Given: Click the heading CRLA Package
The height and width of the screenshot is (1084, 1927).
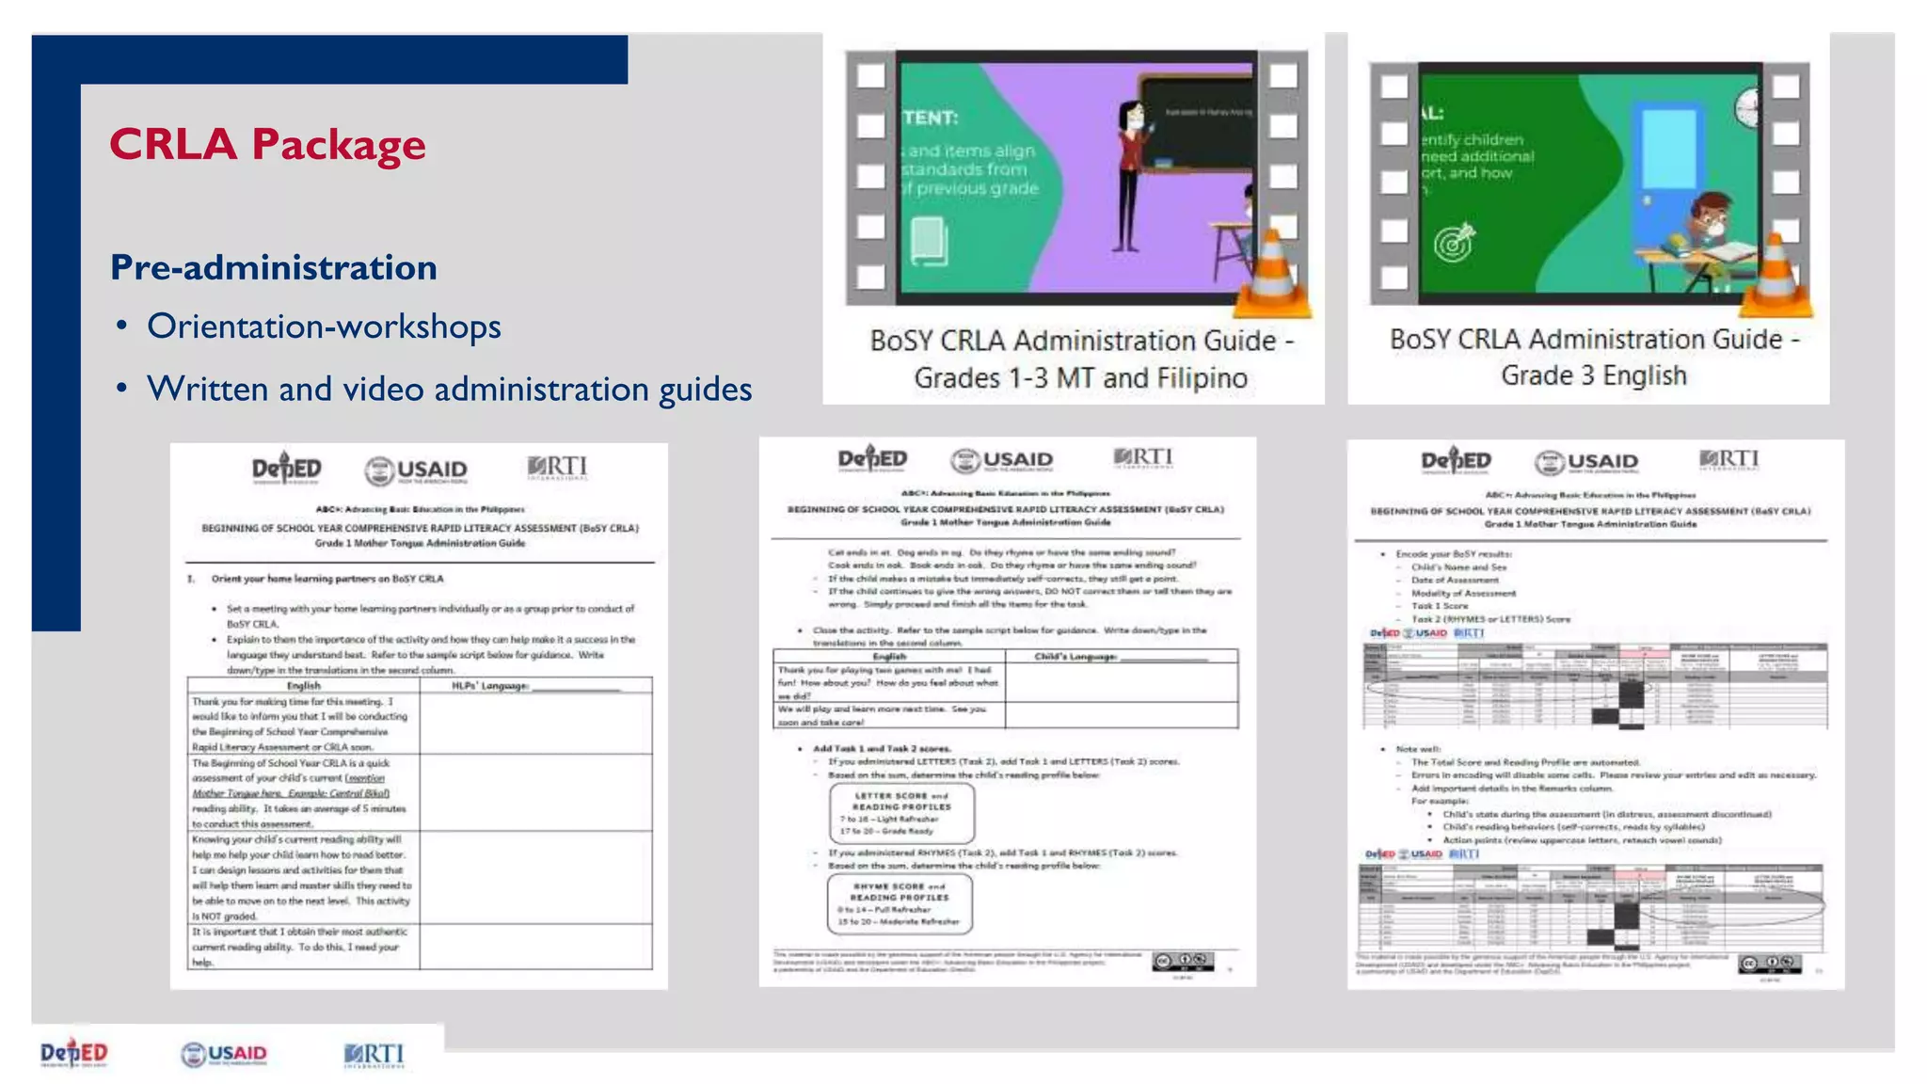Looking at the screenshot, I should (x=267, y=145).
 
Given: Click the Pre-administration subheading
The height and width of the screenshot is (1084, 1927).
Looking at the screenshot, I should (x=274, y=267).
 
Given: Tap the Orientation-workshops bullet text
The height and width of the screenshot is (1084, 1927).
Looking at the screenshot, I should (x=324, y=327).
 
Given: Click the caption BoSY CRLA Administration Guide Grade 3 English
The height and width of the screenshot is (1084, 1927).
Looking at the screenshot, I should (x=1594, y=357).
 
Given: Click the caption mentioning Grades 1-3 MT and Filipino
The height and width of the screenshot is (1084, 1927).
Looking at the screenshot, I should (x=1081, y=359).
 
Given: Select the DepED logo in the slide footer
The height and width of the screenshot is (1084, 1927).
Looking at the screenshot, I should (x=74, y=1054).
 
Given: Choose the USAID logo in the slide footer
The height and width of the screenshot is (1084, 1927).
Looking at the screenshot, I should (x=224, y=1054).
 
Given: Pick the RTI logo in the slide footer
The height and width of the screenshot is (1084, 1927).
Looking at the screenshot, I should (x=374, y=1054).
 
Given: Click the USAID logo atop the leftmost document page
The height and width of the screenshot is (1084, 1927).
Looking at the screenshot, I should (x=416, y=470).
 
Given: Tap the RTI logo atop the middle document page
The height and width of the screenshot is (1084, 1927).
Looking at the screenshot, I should (x=1143, y=458).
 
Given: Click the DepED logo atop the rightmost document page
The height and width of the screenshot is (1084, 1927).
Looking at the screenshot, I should (x=1456, y=461).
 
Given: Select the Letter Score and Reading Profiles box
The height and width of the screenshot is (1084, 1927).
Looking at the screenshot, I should (x=901, y=813).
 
